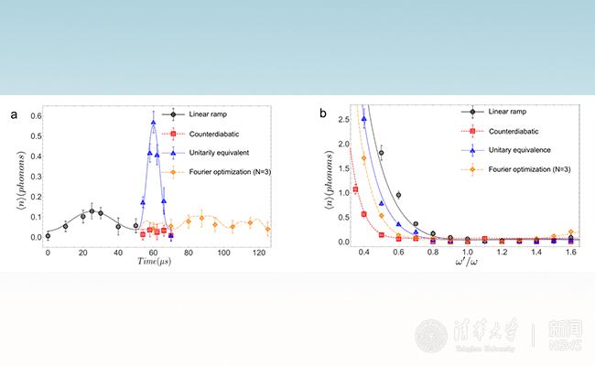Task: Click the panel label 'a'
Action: tap(14, 114)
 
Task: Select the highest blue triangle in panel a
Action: tap(153, 122)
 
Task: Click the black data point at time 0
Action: tap(48, 236)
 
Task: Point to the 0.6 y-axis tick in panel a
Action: tap(34, 115)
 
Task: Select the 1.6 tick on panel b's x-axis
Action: tap(570, 252)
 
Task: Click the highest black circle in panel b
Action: tap(382, 153)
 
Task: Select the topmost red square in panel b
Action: tap(356, 189)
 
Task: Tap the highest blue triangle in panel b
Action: tap(364, 118)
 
